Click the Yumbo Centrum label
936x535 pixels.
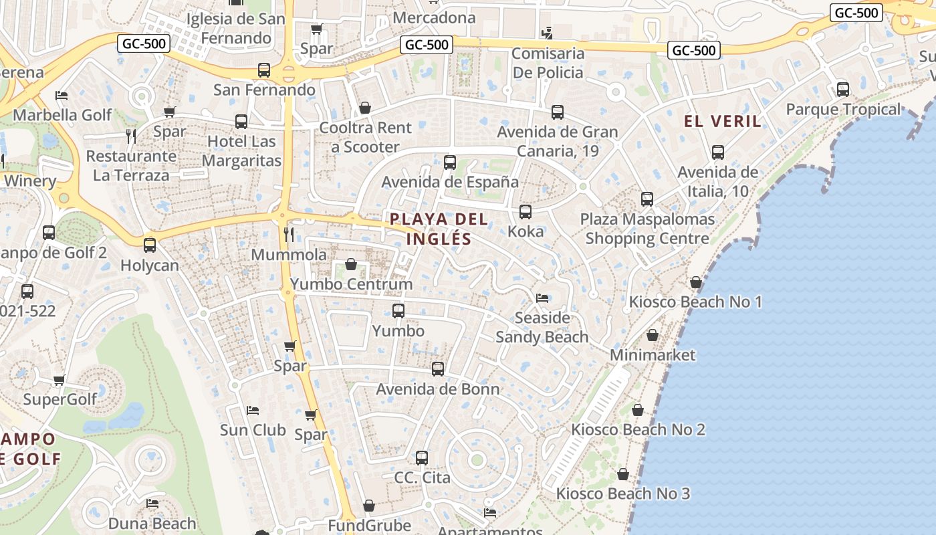click(351, 284)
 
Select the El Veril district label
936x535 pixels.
click(723, 121)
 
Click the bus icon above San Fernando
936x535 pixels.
click(264, 70)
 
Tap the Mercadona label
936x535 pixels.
click(435, 17)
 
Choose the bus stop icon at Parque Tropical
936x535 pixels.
click(843, 90)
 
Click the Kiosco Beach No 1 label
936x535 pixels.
click(695, 302)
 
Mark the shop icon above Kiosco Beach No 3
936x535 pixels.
click(623, 474)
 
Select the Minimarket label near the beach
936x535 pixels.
click(653, 355)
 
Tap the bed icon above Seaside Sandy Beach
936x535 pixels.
click(542, 298)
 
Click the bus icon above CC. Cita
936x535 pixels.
click(422, 458)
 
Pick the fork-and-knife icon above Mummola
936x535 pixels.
click(289, 234)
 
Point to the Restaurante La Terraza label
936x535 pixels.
click(131, 166)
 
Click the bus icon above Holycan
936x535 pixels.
click(150, 245)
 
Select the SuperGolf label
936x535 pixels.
click(60, 399)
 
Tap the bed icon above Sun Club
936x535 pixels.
click(253, 410)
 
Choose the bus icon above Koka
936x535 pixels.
click(525, 212)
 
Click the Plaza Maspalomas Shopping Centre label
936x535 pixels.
click(647, 229)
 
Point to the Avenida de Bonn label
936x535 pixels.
click(438, 389)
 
